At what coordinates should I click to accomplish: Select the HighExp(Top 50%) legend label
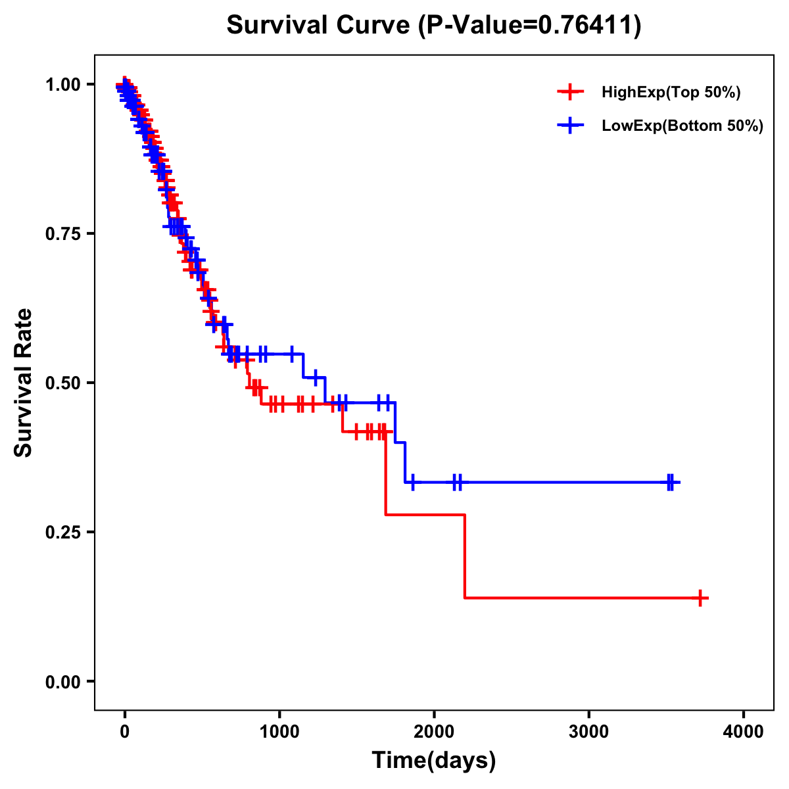[x=671, y=93]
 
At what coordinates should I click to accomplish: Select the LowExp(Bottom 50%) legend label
[x=682, y=126]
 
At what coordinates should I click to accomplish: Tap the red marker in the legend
[x=570, y=92]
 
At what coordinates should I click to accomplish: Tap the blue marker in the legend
[x=570, y=126]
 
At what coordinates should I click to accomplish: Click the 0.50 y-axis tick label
[x=64, y=383]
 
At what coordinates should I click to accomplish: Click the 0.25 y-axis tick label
[x=64, y=533]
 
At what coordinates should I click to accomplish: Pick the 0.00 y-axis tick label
[x=64, y=682]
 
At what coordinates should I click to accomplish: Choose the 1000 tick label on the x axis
[x=279, y=731]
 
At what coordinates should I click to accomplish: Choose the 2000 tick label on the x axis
[x=434, y=731]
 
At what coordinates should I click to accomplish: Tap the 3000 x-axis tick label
[x=588, y=731]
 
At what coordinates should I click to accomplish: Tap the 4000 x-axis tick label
[x=744, y=731]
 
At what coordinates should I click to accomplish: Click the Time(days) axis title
[x=434, y=761]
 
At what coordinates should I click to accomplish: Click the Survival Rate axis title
[x=24, y=383]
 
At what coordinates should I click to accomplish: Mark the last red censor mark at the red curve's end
[x=701, y=598]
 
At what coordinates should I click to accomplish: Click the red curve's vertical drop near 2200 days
[x=465, y=556]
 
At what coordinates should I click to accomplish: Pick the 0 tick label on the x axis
[x=124, y=731]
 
